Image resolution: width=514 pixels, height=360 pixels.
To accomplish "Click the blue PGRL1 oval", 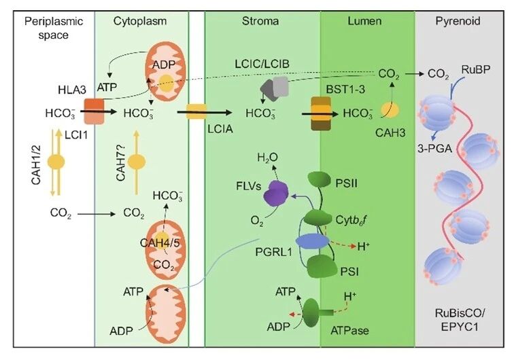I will [312, 241].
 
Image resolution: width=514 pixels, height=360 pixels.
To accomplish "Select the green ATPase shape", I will [317, 313].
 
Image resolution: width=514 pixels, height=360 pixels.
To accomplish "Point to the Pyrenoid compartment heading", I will [458, 21].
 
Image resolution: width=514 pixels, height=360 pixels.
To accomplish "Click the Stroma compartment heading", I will [260, 21].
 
